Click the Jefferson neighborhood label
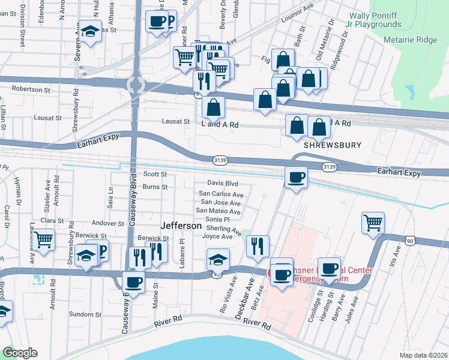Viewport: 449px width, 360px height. click(181, 226)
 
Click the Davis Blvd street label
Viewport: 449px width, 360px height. click(223, 183)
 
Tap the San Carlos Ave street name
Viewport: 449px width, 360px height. click(221, 194)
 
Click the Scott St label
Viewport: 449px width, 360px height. click(155, 174)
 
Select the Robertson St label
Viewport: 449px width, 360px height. click(31, 89)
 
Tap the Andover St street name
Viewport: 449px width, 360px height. click(108, 223)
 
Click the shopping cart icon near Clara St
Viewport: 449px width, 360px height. click(44, 239)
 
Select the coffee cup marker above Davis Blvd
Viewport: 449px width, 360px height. click(296, 177)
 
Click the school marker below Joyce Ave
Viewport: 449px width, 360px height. click(218, 259)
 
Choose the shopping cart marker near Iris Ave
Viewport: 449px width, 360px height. click(373, 223)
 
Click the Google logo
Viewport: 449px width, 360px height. click(20, 353)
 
